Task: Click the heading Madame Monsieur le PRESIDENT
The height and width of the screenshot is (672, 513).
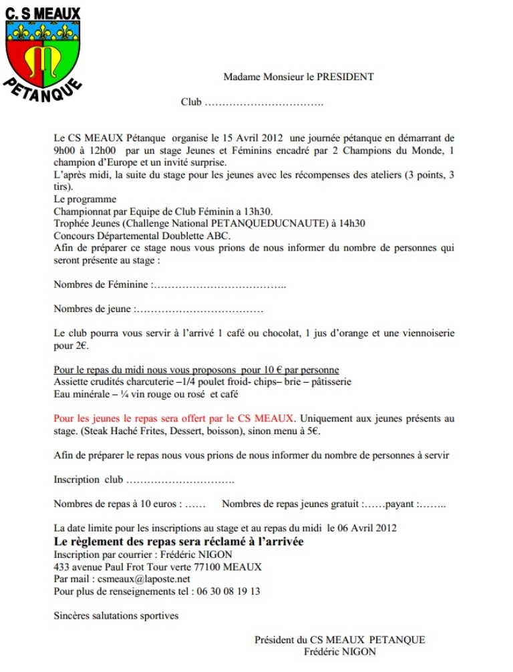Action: [x=299, y=77]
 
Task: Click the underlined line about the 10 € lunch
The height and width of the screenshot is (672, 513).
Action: [x=196, y=370]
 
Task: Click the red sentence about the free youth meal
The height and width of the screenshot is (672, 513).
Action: [x=174, y=419]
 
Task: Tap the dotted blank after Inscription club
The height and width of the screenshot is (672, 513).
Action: [x=180, y=480]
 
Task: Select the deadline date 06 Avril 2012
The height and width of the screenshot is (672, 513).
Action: [x=366, y=528]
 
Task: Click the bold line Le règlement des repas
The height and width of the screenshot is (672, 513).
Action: [x=178, y=541]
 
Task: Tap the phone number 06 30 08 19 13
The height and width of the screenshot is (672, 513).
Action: [x=228, y=591]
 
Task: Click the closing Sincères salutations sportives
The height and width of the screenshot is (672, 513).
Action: [x=116, y=615]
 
